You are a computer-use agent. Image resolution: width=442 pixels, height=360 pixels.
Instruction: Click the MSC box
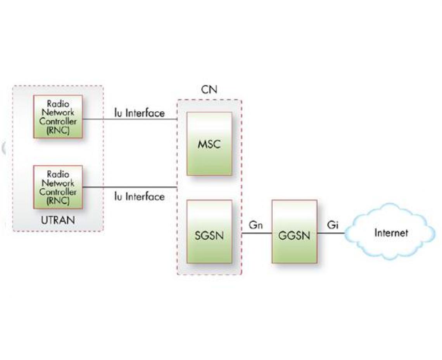209,144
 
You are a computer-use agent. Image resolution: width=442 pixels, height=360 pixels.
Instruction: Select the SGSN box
209,232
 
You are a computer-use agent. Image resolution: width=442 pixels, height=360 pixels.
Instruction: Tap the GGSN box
294,232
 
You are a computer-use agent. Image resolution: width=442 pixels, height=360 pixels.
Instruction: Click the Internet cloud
390,233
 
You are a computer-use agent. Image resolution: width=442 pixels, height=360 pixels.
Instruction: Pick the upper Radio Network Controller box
58,116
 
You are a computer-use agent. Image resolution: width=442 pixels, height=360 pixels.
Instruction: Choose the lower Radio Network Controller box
58,187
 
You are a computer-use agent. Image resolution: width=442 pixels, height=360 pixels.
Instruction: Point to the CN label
209,90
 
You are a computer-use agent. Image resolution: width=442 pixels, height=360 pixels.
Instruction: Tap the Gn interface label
256,225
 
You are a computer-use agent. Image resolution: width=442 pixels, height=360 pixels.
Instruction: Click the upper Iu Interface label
139,113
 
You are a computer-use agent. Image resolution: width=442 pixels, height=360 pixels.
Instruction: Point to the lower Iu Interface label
139,197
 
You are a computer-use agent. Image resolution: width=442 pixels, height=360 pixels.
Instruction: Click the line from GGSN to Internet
331,234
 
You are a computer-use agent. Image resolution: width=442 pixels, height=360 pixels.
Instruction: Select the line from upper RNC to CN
130,119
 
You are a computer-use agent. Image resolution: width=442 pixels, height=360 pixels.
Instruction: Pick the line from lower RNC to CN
130,187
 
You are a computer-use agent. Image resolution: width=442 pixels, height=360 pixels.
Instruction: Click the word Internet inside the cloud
391,233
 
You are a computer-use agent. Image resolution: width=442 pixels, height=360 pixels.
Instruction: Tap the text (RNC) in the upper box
58,130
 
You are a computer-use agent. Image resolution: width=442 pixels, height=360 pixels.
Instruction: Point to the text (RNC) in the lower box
58,201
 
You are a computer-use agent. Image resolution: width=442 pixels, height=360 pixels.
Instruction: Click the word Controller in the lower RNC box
58,192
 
